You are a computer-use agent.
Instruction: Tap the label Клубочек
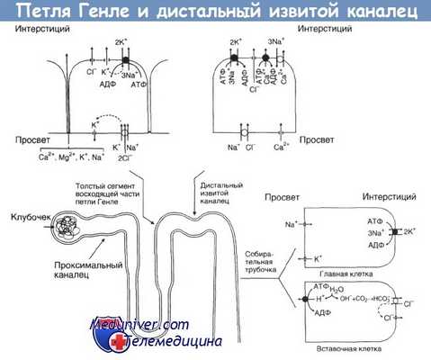coord(28,217)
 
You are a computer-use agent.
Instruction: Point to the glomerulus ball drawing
coord(69,225)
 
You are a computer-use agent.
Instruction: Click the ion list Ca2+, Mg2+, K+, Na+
coord(40,157)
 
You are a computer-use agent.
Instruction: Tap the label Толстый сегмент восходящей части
coord(102,186)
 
